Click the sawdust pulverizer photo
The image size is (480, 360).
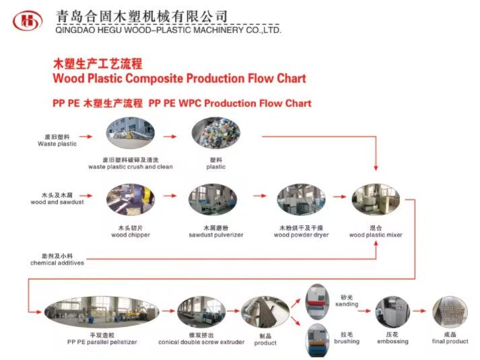(x=214, y=200)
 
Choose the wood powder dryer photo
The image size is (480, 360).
(x=300, y=200)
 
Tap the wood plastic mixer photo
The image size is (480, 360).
(x=375, y=200)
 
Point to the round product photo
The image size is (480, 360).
(x=265, y=314)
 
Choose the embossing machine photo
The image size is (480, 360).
(x=391, y=313)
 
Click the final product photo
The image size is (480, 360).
(x=449, y=314)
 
